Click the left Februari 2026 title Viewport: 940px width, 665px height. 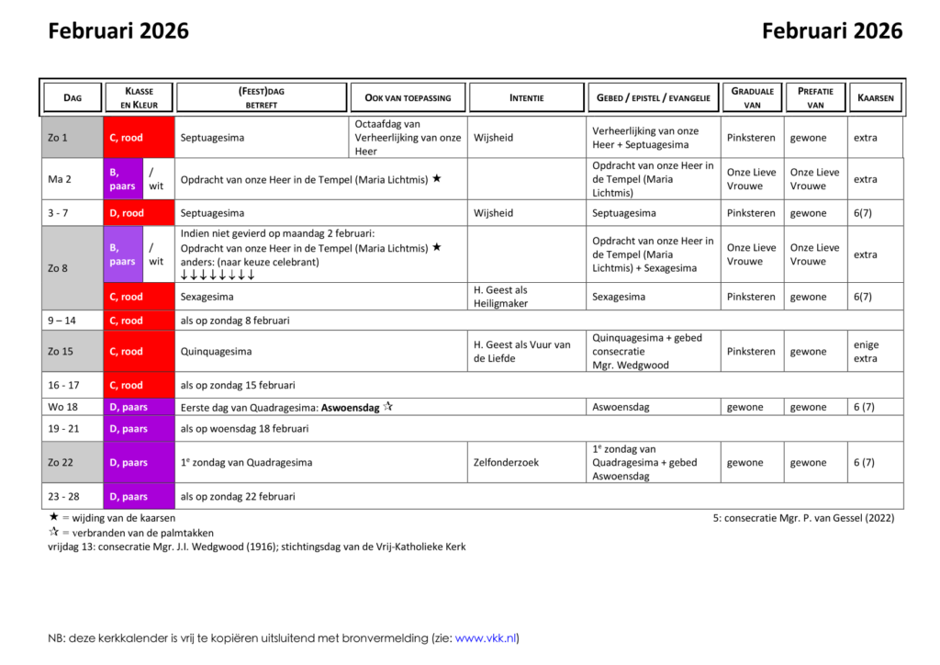(118, 31)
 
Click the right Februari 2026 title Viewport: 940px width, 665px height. (832, 31)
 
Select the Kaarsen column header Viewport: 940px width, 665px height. (875, 97)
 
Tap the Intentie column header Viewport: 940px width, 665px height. (526, 97)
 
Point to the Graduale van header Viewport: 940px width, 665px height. (752, 97)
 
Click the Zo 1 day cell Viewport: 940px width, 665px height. (72, 138)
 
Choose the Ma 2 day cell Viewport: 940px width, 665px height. (72, 179)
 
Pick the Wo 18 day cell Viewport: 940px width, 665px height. (72, 407)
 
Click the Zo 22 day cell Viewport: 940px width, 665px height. (72, 463)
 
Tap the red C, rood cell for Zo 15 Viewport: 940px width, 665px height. (139, 352)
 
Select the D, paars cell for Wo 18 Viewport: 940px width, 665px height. (139, 407)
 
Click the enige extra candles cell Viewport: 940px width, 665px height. (866, 352)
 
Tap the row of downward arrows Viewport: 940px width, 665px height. (218, 275)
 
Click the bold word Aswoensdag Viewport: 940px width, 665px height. (350, 407)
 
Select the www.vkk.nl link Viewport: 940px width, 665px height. (486, 638)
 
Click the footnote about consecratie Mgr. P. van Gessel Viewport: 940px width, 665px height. (803, 518)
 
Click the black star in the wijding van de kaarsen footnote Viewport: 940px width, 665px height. (53, 517)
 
